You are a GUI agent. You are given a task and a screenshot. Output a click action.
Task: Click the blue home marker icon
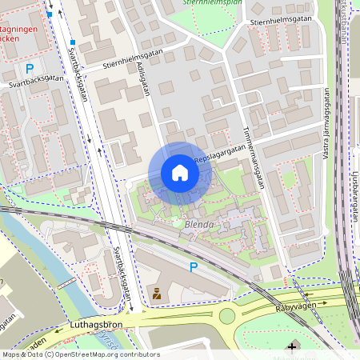(180, 173)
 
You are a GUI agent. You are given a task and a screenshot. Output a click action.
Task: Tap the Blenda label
(198, 225)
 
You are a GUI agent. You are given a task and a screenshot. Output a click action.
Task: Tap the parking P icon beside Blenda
(193, 266)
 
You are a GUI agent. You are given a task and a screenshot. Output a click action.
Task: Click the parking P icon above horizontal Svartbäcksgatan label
(30, 69)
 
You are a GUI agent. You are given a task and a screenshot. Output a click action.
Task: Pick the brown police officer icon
(157, 294)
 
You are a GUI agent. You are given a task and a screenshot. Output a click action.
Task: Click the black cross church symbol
(291, 346)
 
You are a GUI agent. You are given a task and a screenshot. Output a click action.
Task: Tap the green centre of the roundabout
(227, 316)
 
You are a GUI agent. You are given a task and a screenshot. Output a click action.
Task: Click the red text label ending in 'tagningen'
(19, 36)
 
